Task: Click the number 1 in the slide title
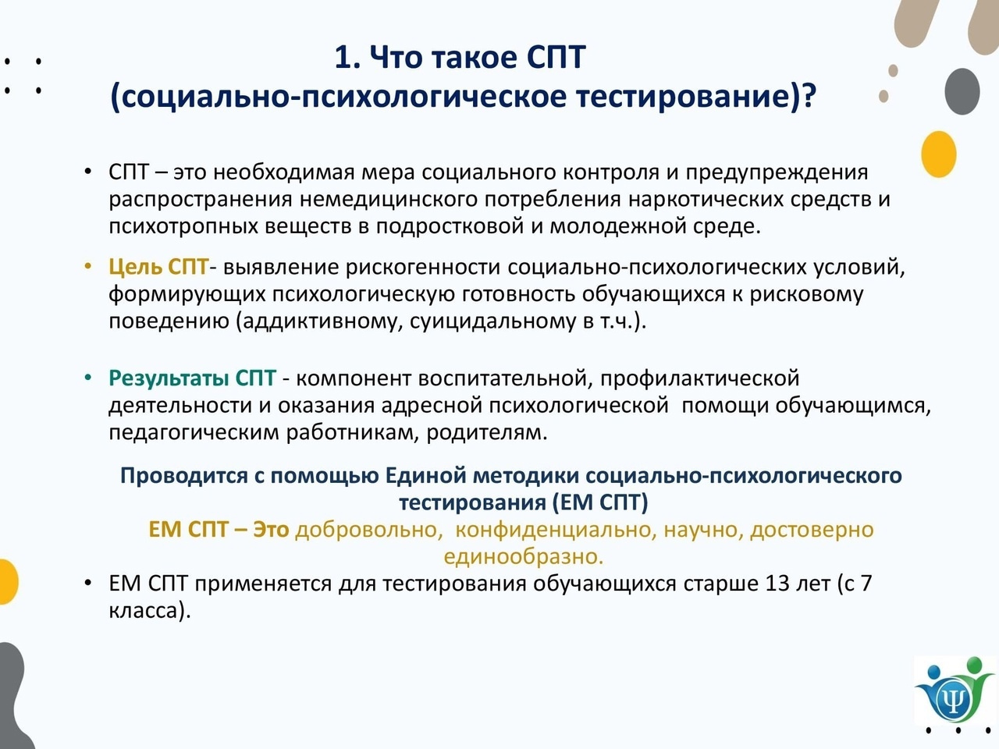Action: pyautogui.click(x=343, y=58)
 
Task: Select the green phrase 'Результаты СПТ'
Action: pyautogui.click(x=193, y=378)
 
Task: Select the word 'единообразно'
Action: pyautogui.click(x=524, y=557)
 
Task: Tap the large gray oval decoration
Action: pyautogui.click(x=962, y=91)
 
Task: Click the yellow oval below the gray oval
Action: pyautogui.click(x=938, y=154)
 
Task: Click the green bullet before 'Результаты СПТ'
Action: pyautogui.click(x=88, y=378)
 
